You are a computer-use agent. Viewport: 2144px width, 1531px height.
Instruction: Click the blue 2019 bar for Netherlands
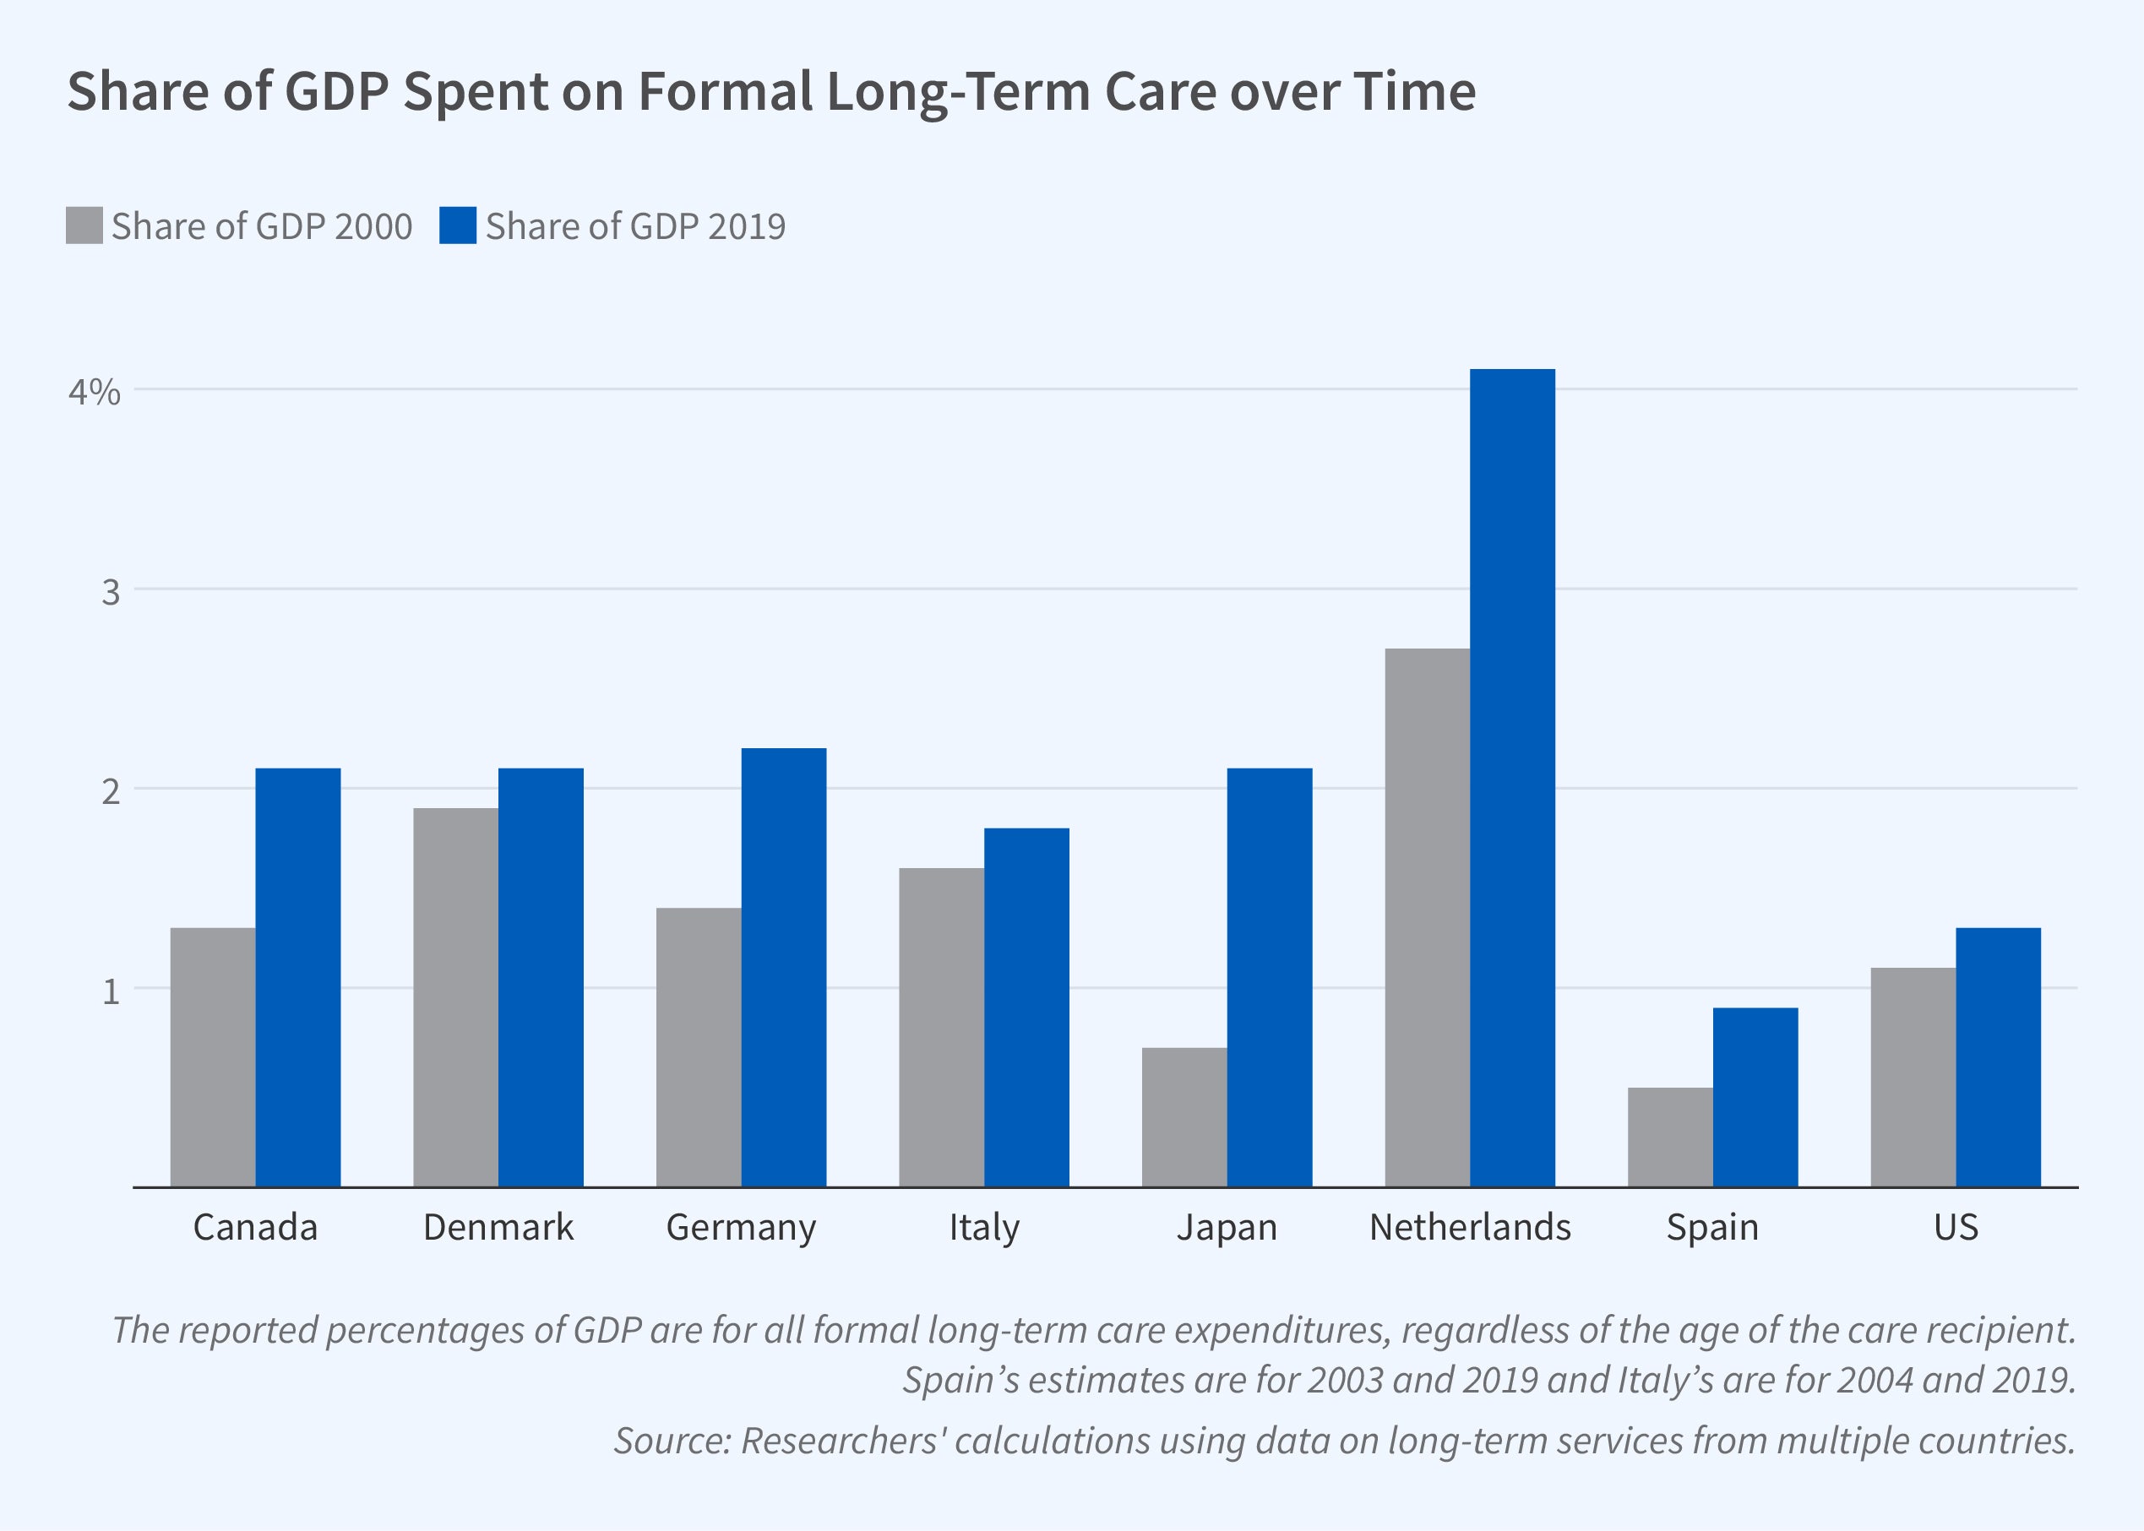tap(1512, 778)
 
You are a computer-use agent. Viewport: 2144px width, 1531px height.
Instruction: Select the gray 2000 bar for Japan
tap(1184, 1117)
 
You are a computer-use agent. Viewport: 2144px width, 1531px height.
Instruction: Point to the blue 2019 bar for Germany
tap(783, 967)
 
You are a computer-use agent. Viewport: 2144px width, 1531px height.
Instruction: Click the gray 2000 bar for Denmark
tap(455, 997)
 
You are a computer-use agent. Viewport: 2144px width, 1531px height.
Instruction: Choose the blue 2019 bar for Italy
tap(1026, 1007)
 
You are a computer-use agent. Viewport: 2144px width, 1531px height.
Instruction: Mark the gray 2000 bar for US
tap(1913, 1078)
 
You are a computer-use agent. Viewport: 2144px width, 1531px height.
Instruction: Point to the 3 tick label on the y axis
tap(112, 592)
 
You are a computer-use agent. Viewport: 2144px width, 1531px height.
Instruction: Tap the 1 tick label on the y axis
tap(112, 991)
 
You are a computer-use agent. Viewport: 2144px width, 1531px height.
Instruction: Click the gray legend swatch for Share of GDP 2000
tap(84, 225)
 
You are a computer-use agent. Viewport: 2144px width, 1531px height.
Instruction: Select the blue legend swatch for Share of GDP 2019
tap(457, 225)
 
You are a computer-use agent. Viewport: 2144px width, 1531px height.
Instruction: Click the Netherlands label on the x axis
tap(1470, 1228)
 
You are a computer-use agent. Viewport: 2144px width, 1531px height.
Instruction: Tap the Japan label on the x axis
tap(1227, 1228)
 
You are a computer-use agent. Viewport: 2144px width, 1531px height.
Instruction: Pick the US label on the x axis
tap(1956, 1228)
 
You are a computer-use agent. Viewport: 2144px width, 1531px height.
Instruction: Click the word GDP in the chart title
tap(336, 92)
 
